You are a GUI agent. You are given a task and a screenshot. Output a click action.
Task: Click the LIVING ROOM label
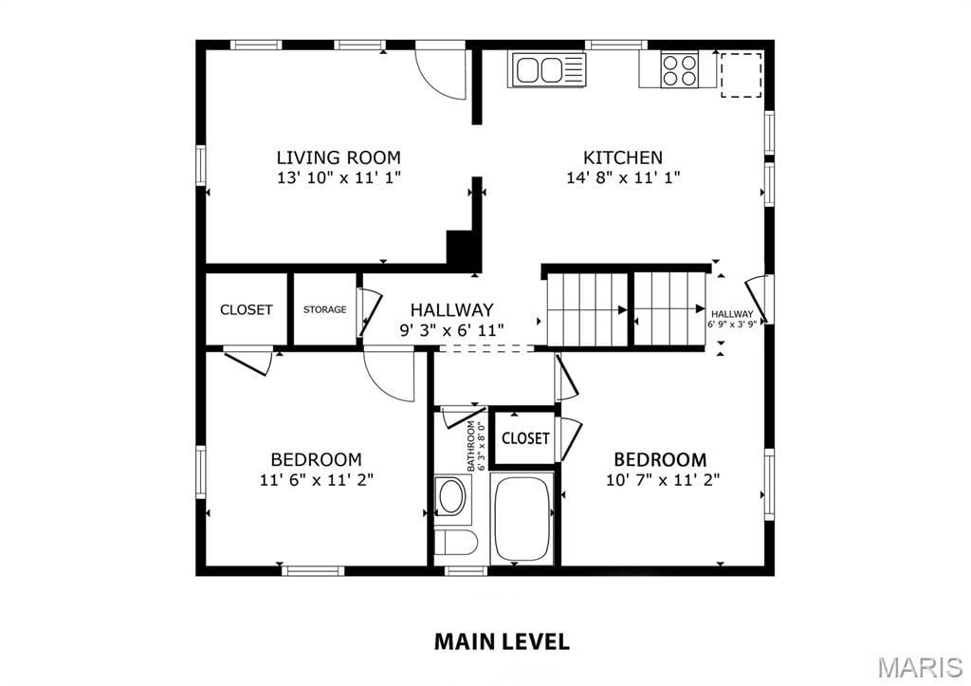point(339,158)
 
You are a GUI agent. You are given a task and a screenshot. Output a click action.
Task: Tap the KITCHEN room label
point(623,158)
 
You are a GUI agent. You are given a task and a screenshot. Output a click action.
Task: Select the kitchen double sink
point(547,69)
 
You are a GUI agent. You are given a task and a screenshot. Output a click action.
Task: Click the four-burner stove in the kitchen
point(680,70)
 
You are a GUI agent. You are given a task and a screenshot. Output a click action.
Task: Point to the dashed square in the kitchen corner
point(741,75)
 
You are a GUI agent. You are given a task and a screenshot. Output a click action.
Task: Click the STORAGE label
point(324,309)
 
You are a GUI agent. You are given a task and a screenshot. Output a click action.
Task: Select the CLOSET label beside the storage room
point(247,309)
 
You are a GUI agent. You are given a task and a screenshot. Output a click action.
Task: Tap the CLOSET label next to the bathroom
point(525,438)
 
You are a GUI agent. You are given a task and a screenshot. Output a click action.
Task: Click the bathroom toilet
point(455,544)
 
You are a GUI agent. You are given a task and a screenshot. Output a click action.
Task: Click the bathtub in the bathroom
point(522,518)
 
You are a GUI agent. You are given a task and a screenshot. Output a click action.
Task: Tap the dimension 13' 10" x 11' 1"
point(339,177)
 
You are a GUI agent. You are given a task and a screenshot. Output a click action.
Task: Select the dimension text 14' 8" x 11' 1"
point(623,177)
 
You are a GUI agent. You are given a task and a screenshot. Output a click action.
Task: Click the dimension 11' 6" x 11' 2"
point(316,480)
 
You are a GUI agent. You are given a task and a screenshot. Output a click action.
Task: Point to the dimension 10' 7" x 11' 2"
point(662,480)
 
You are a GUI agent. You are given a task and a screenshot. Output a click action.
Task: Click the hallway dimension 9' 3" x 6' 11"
point(451,330)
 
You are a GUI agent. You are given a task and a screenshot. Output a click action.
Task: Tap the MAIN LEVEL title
point(502,641)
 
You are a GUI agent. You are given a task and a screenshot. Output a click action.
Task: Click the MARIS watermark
point(921,667)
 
